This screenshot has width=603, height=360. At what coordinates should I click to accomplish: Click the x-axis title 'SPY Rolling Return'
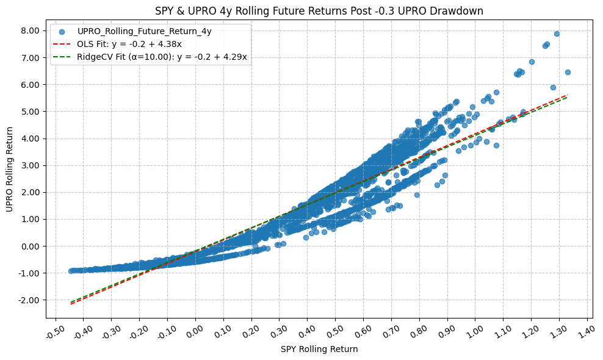click(x=319, y=350)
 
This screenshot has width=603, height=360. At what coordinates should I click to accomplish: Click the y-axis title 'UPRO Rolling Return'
click(x=9, y=169)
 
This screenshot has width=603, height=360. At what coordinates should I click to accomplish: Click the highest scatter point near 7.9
click(x=557, y=34)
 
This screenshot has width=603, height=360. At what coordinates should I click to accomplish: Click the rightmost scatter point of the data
click(x=568, y=72)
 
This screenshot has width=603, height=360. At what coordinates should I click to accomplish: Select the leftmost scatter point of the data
click(x=71, y=271)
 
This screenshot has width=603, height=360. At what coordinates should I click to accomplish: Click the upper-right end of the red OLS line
click(x=568, y=95)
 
